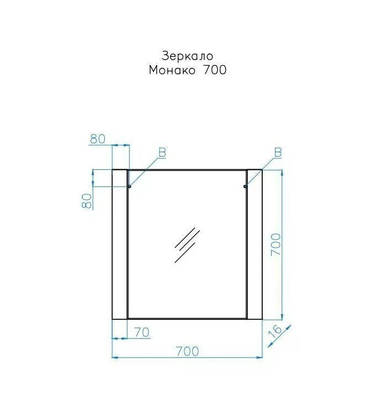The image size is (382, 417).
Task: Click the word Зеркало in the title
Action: pyautogui.click(x=187, y=56)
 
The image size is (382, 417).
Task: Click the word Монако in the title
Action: pyautogui.click(x=172, y=70)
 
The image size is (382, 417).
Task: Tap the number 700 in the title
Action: pyautogui.click(x=215, y=70)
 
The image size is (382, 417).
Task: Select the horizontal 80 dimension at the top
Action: pyautogui.click(x=98, y=139)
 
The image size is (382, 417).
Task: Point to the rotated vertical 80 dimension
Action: pyautogui.click(x=87, y=201)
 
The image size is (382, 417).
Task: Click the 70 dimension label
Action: pyautogui.click(x=142, y=333)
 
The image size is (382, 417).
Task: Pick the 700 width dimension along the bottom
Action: pyautogui.click(x=187, y=351)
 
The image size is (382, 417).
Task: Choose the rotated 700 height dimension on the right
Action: pyautogui.click(x=276, y=245)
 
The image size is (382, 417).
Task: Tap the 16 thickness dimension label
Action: pyautogui.click(x=275, y=331)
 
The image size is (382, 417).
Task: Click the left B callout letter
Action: pyautogui.click(x=162, y=153)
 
